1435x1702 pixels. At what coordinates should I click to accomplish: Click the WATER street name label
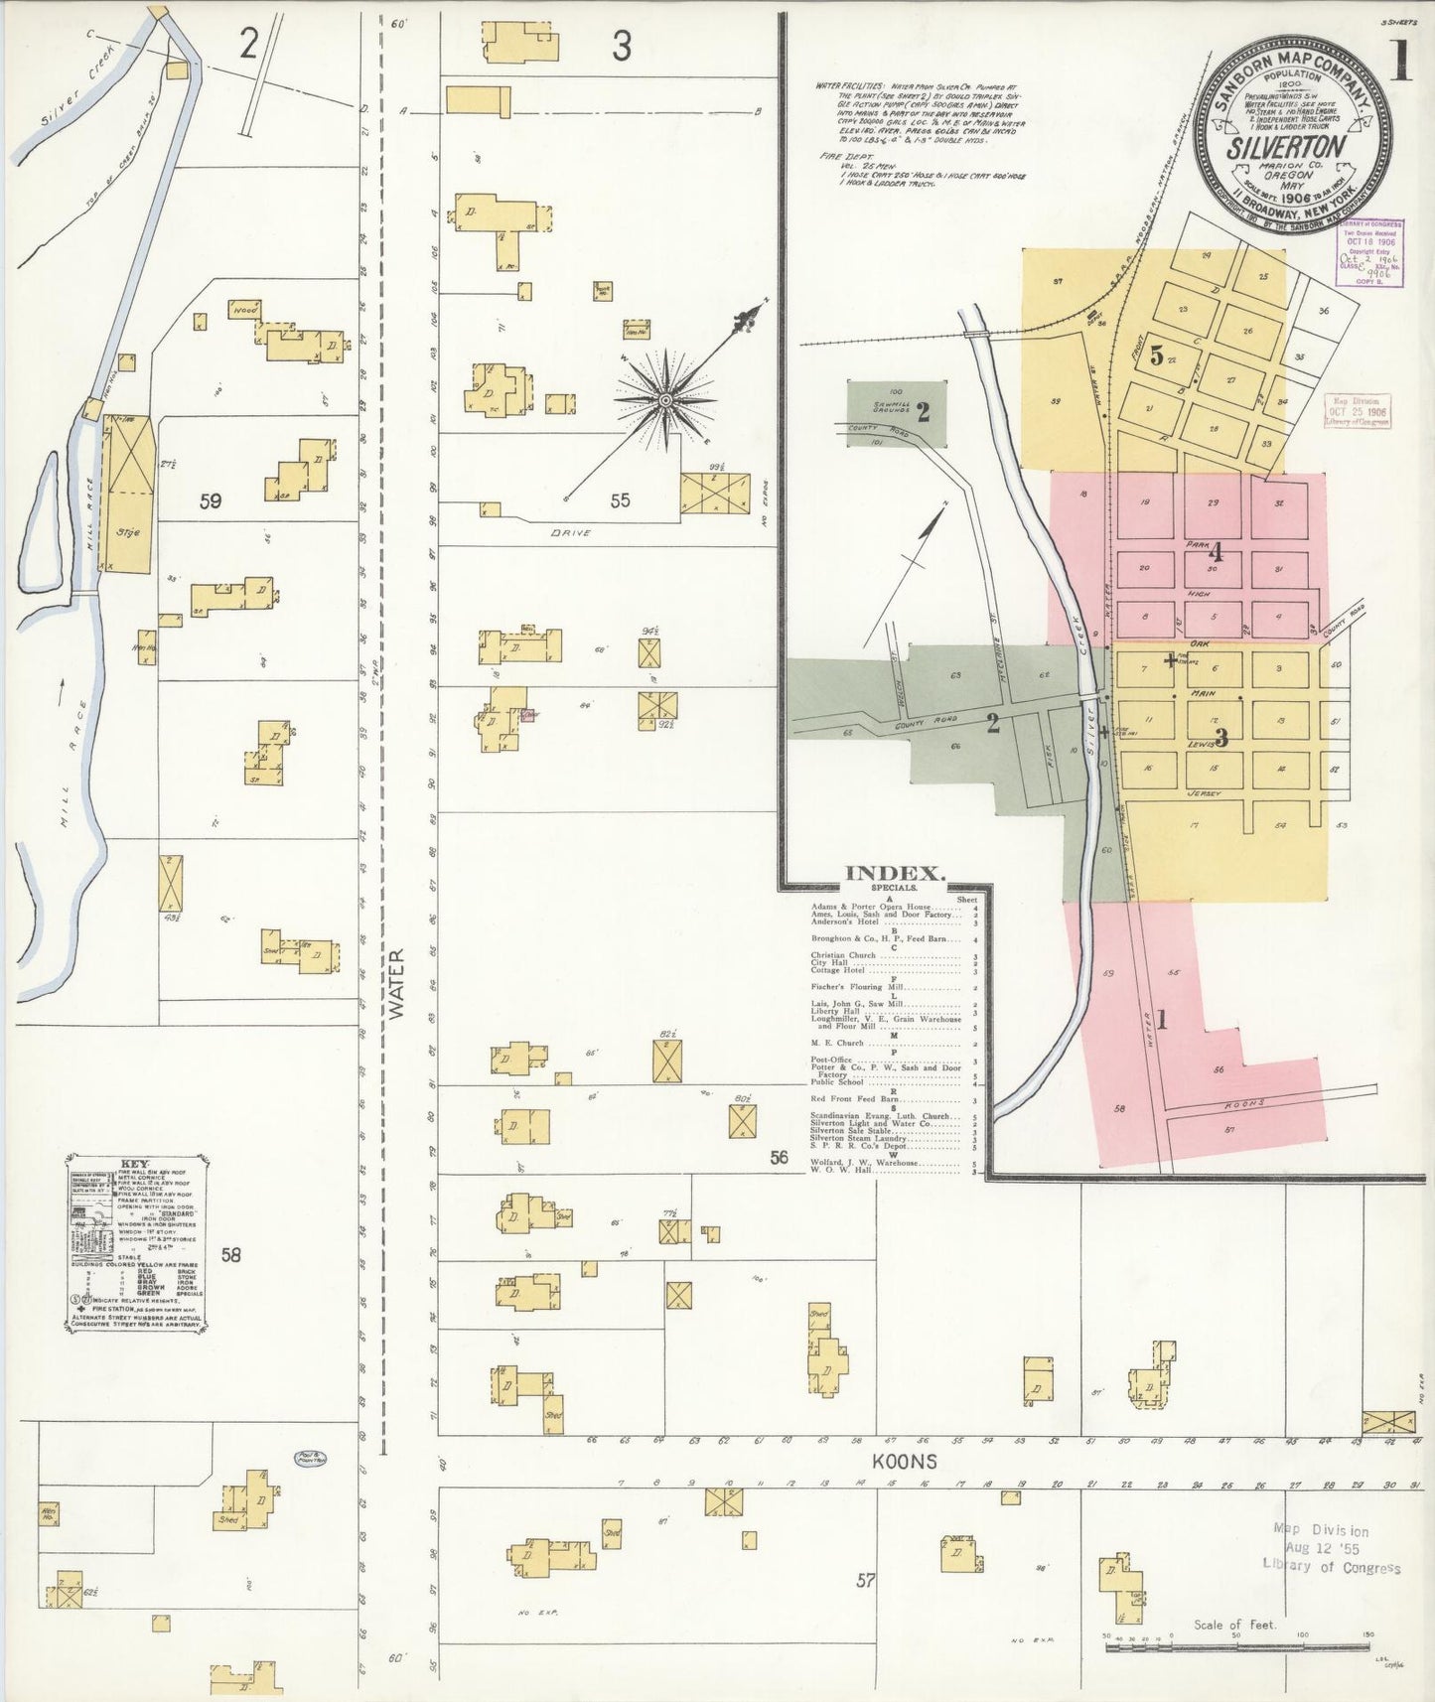(x=397, y=984)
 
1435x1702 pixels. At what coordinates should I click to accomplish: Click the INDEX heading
(x=894, y=874)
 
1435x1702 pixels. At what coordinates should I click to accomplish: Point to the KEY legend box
(x=137, y=1241)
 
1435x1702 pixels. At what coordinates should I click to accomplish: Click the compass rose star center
(x=666, y=400)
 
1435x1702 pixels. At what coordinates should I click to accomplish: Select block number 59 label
(x=210, y=501)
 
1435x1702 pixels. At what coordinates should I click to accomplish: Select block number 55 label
(x=620, y=500)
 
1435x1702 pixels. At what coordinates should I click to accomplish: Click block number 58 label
(x=230, y=1255)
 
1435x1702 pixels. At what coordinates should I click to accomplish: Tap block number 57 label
(x=865, y=1580)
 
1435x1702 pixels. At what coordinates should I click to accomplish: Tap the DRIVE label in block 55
(x=570, y=533)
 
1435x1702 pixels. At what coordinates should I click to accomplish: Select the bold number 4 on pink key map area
(x=1215, y=554)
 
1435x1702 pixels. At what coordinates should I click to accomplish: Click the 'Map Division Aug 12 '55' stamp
(x=1331, y=1548)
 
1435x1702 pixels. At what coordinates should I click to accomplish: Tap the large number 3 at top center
(x=621, y=46)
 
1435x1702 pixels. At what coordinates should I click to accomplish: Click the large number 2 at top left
(x=248, y=43)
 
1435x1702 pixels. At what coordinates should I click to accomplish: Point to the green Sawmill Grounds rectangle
(x=896, y=412)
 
